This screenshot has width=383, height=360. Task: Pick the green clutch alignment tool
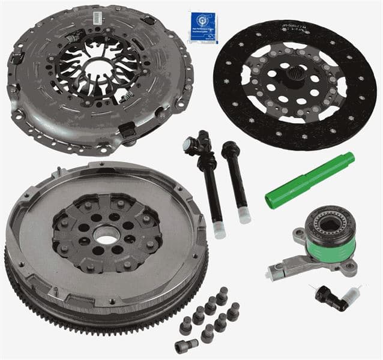[309, 181]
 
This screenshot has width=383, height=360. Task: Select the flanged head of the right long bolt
[229, 148]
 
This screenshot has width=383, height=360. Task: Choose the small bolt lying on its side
[187, 346]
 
